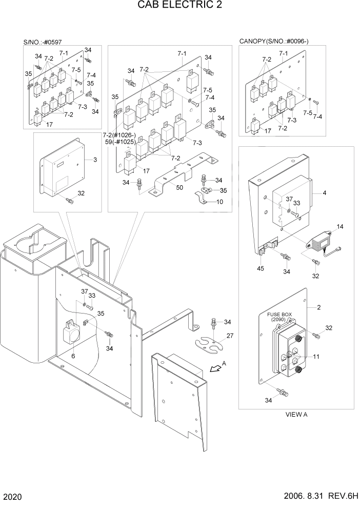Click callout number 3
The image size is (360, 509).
pos(95,160)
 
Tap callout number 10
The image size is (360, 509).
pos(219,201)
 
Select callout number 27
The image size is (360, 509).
pos(230,336)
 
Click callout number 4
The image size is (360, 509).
pos(325,193)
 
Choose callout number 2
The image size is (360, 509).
pos(318,308)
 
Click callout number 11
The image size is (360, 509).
pos(316,356)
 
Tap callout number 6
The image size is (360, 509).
pos(73,356)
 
